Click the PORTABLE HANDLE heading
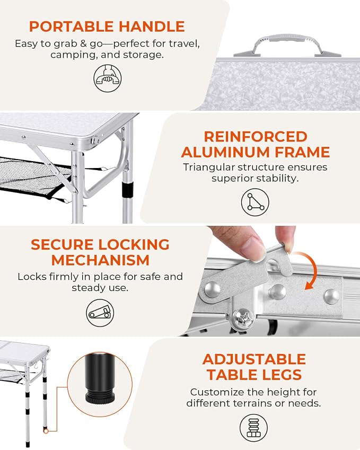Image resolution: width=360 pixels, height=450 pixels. [x=107, y=27]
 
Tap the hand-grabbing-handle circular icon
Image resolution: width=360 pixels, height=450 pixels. [x=108, y=78]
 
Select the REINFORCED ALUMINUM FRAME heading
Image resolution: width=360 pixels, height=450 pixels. [x=255, y=144]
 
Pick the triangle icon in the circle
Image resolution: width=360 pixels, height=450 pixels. [x=255, y=202]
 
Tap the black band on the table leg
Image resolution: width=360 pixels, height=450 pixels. [x=127, y=189]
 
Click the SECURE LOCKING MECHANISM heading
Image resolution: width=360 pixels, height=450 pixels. [x=100, y=252]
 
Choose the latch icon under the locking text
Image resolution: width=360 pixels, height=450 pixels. [x=100, y=313]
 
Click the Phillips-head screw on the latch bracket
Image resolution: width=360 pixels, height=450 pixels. [x=243, y=318]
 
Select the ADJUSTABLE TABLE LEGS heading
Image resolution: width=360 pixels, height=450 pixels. [x=254, y=367]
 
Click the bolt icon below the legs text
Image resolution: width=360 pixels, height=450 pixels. [x=253, y=428]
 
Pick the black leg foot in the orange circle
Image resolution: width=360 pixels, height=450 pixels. [x=100, y=378]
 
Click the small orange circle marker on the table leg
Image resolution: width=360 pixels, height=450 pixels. [x=46, y=431]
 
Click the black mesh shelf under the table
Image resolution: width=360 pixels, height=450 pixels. [x=32, y=175]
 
